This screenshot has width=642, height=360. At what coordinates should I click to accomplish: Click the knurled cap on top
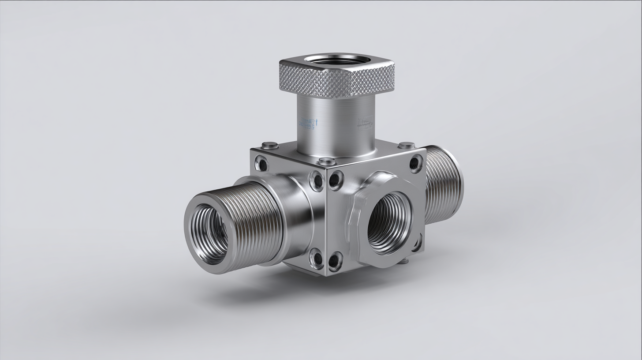point(336,81)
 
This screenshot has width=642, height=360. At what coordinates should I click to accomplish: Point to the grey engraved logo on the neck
point(365,123)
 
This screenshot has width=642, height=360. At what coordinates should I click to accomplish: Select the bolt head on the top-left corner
point(269,145)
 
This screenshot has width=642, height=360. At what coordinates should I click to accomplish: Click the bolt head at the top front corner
point(327,161)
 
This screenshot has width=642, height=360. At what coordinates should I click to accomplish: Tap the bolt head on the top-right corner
point(407,145)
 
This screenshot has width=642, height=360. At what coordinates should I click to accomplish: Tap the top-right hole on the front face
point(415,163)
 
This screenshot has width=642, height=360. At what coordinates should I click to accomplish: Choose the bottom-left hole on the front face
point(335,261)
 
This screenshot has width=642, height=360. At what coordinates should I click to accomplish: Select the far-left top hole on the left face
point(262,164)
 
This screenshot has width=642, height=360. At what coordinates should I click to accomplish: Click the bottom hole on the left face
point(316,259)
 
